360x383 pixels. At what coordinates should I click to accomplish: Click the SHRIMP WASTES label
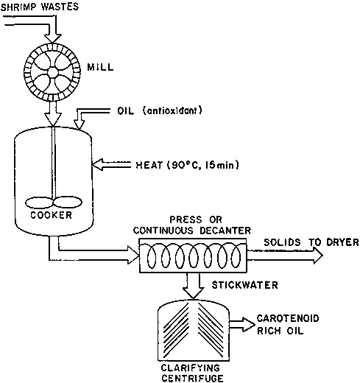coord(40,7)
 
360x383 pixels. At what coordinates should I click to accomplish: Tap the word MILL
coord(101,67)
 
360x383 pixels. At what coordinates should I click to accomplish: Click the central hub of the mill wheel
coord(52,72)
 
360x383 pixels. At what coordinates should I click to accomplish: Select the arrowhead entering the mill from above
coord(52,39)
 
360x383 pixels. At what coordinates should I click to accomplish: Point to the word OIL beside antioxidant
coord(126,111)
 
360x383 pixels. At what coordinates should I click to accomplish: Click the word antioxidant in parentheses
coord(172,110)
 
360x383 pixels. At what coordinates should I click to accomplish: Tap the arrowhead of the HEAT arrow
coord(98,164)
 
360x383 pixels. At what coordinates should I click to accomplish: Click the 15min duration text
coord(222,165)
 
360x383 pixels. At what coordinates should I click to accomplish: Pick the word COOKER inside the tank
coord(52,215)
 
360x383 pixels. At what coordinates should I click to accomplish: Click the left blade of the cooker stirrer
coord(39,203)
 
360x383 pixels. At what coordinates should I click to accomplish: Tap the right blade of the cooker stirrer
coord(68,203)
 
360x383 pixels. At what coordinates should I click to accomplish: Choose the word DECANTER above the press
coord(225,231)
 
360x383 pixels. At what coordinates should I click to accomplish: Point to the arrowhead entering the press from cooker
coord(133,255)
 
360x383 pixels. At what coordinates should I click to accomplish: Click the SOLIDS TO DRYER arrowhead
coord(318,256)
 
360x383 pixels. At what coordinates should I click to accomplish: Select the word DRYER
coord(342,242)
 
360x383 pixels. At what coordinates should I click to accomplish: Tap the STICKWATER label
coord(245,285)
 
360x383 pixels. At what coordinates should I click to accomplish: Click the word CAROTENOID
coord(288,318)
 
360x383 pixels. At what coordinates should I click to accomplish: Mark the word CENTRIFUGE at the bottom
coord(193,379)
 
